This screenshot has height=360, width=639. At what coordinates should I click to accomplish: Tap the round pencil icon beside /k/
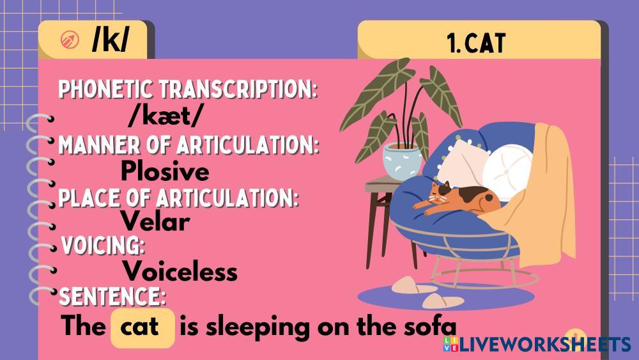pos(70,40)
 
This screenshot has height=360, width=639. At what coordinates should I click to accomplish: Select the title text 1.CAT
pos(476,43)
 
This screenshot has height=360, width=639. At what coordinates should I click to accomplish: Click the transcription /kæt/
pos(164,116)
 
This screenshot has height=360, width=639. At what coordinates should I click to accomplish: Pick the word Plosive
pos(165,171)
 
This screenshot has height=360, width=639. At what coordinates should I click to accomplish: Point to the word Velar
pos(155,222)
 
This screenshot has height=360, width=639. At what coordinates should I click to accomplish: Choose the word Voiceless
pos(180,270)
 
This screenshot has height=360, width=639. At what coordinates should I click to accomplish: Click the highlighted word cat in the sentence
pos(139,327)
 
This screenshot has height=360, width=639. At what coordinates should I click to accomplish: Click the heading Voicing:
pos(103,246)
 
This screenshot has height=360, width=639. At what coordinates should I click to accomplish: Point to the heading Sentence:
pos(112,297)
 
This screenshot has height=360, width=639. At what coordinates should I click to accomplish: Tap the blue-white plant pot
pos(401,161)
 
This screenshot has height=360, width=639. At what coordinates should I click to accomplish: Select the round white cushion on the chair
pos(507,167)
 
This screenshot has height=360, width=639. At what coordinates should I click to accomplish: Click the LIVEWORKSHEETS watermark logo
pos(537,345)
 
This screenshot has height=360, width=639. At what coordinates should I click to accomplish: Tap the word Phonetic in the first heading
pos(107,90)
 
